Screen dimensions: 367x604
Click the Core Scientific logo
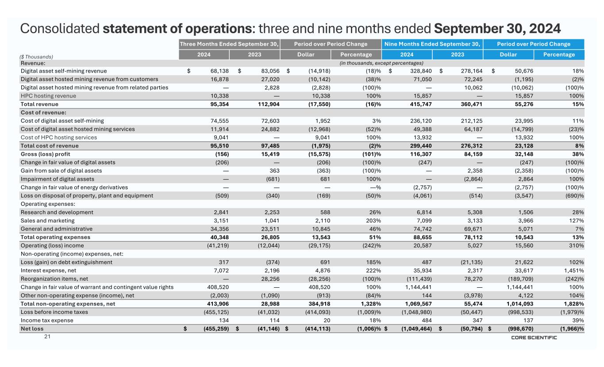[x=534, y=337]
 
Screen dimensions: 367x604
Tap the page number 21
[x=47, y=337]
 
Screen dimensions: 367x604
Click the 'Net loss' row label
[x=32, y=328]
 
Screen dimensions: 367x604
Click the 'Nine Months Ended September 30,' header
[x=432, y=44]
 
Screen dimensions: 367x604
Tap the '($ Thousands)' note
[x=37, y=57]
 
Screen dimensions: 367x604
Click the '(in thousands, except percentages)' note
[x=381, y=63]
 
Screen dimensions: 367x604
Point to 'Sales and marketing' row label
[x=48, y=220]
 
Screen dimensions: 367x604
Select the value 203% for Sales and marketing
[x=373, y=220]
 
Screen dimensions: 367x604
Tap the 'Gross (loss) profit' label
[x=45, y=154]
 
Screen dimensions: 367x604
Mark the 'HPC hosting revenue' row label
[x=48, y=96]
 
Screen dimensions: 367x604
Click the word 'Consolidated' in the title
[x=60, y=29]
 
